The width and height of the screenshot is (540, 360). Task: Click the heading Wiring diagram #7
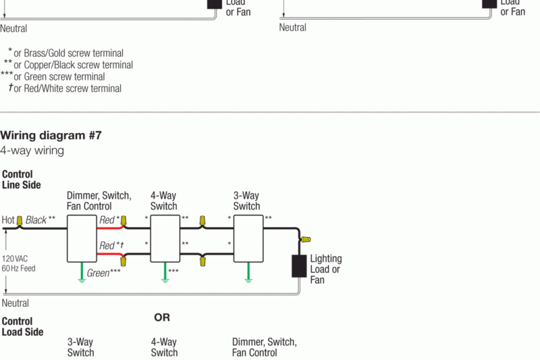pyautogui.click(x=51, y=135)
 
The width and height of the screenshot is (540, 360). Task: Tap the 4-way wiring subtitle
pyautogui.click(x=32, y=151)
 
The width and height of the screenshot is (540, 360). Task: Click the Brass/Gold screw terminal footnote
pyautogui.click(x=68, y=53)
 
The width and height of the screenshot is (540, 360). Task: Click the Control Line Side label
pyautogui.click(x=21, y=180)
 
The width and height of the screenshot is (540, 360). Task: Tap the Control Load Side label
pyautogui.click(x=22, y=327)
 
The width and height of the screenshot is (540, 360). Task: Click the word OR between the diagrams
pyautogui.click(x=162, y=317)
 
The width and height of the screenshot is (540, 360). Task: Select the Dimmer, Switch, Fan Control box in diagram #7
pyautogui.click(x=82, y=238)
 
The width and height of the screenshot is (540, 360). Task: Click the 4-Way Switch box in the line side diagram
pyautogui.click(x=165, y=238)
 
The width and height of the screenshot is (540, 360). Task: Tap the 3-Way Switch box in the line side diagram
pyautogui.click(x=248, y=238)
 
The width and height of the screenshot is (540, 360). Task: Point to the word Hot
pyautogui.click(x=8, y=220)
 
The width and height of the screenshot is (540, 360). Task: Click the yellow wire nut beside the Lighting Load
pyautogui.click(x=306, y=239)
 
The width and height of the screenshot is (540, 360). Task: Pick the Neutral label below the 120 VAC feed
pyautogui.click(x=15, y=303)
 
